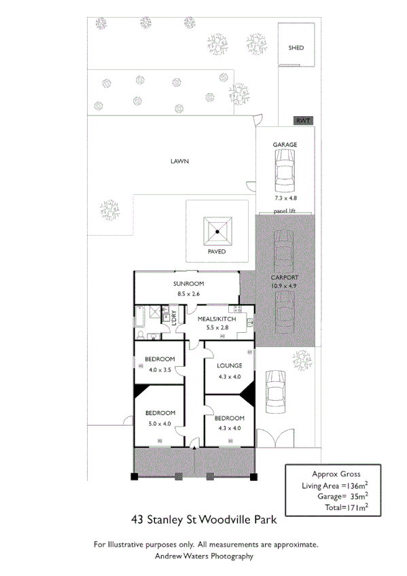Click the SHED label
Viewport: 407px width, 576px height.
(296, 48)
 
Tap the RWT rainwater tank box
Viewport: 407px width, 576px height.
(302, 121)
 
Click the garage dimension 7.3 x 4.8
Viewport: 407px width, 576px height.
(285, 198)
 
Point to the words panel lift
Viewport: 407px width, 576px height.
(285, 211)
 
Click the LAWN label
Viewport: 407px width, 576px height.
(179, 162)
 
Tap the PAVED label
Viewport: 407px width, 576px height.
(217, 251)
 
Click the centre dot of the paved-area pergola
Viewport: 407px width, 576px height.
(217, 232)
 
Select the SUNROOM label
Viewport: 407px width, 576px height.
(188, 284)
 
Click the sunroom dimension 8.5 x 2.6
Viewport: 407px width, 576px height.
(188, 294)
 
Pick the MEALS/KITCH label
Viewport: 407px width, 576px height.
(216, 319)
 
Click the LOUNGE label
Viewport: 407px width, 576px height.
(230, 365)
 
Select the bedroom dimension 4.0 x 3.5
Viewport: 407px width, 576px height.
(160, 370)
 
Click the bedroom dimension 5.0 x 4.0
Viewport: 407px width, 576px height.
(160, 423)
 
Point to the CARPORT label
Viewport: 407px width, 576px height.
(285, 278)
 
